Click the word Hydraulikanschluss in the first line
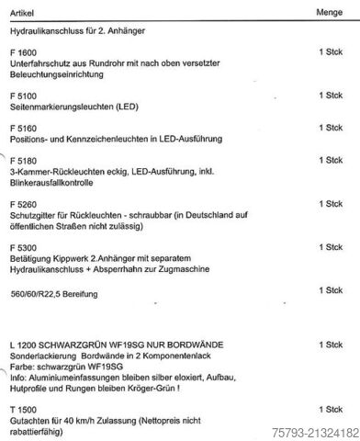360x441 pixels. point(43,32)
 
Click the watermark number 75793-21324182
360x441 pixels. point(313,431)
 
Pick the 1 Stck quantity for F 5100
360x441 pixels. point(330,95)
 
